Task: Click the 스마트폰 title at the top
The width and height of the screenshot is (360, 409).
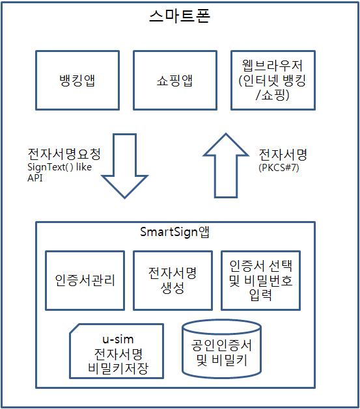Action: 180,16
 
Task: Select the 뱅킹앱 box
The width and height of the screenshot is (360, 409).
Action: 77,81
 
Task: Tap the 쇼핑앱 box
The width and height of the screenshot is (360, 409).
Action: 175,81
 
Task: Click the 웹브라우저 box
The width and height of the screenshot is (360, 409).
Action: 273,81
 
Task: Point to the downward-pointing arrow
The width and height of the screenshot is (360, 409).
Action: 125,166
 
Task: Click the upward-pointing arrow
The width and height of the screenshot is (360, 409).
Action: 226,165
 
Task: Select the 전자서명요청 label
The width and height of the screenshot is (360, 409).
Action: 64,153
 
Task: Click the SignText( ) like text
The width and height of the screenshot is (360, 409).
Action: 59,167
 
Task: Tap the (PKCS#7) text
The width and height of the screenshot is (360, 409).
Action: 279,167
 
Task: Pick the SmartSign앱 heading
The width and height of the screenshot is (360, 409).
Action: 174,232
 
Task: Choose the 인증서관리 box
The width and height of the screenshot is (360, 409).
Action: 85,281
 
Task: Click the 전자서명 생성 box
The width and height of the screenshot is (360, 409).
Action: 173,281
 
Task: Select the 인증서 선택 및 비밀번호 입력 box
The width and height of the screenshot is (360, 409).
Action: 261,281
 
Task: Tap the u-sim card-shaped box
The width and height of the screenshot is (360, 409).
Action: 117,351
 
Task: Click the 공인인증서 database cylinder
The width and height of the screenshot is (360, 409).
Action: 221,350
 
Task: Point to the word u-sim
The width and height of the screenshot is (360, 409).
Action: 118,339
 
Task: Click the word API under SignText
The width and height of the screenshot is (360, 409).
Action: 35,178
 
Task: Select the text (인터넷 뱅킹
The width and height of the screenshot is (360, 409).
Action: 272,81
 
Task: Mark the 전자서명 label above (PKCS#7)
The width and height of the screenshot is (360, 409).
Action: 283,154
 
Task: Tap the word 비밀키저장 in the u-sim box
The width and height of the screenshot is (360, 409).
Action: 118,368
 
